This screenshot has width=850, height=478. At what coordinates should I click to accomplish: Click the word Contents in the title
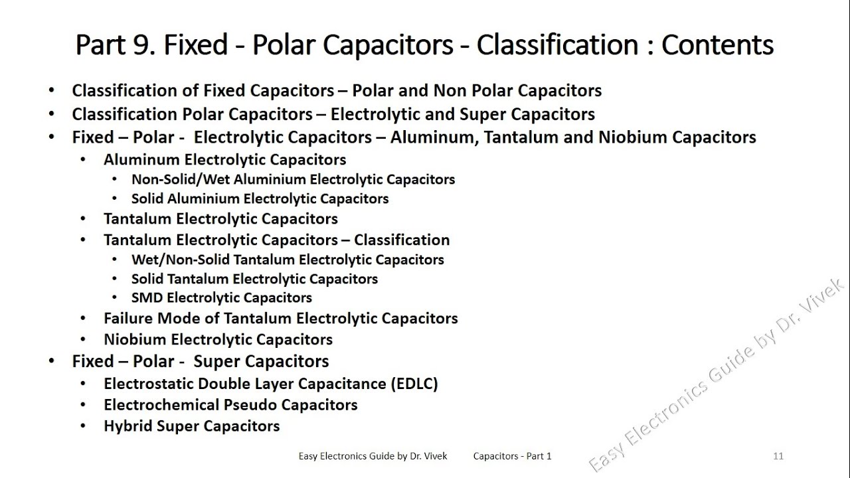pyautogui.click(x=717, y=45)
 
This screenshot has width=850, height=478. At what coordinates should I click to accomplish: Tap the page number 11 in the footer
pyautogui.click(x=778, y=456)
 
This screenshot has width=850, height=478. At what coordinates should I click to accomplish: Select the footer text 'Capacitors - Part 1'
pyautogui.click(x=512, y=456)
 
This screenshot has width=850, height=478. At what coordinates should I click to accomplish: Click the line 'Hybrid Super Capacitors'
pyautogui.click(x=191, y=426)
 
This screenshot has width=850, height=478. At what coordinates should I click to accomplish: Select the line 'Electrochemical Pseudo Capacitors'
pyautogui.click(x=230, y=405)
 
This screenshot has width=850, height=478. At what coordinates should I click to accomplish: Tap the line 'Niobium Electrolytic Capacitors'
pyautogui.click(x=218, y=340)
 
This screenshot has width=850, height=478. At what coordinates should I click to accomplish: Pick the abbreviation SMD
pyautogui.click(x=147, y=298)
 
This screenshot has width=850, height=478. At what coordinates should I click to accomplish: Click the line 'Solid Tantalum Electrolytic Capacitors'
pyautogui.click(x=254, y=279)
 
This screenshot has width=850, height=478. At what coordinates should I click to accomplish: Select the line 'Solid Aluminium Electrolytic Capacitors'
pyautogui.click(x=260, y=199)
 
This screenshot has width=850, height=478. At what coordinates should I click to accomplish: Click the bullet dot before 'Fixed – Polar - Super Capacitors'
pyautogui.click(x=52, y=362)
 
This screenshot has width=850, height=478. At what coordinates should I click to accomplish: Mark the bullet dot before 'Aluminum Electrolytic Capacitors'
pyautogui.click(x=83, y=160)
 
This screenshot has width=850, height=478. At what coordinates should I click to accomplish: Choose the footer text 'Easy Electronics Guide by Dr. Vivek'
pyautogui.click(x=373, y=456)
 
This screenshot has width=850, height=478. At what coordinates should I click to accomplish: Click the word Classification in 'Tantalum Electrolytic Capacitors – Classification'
pyautogui.click(x=402, y=240)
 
